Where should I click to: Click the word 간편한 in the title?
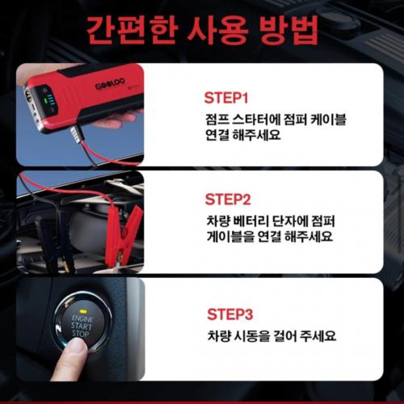pos(133,31)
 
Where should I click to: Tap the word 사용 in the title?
pos(217,31)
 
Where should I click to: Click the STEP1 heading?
pos(226,98)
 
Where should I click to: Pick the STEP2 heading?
pos(228,200)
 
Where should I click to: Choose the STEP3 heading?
pos(230,314)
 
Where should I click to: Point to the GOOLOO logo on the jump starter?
pos(110,84)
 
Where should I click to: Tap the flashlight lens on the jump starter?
pos(28,96)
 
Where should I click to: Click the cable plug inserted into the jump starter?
pos(78,134)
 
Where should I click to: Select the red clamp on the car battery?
pos(128,235)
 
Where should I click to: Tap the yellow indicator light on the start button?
pos(84,312)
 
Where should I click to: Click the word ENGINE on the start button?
pos(82,319)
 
